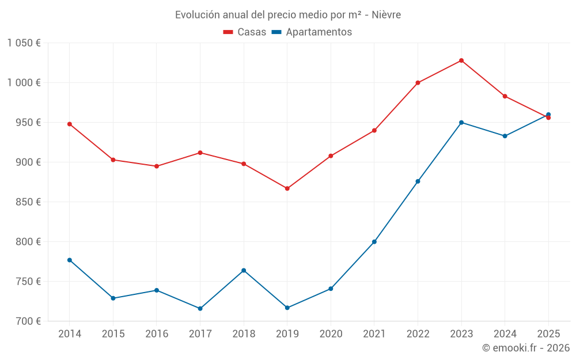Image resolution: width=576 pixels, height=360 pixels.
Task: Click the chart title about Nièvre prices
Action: coord(287,15)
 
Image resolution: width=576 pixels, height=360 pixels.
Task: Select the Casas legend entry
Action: coord(245,32)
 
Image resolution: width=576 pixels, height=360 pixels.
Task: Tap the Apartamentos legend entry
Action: coord(312,32)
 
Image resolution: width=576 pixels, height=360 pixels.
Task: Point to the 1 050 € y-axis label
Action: coord(24,43)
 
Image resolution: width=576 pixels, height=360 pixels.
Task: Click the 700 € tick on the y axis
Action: coord(28,321)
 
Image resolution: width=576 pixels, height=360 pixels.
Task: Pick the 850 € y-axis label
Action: coord(28,202)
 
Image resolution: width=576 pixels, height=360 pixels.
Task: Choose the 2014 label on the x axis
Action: coord(70,334)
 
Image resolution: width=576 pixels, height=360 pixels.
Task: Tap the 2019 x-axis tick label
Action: coord(287,334)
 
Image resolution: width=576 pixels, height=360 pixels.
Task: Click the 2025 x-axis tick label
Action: coord(548,334)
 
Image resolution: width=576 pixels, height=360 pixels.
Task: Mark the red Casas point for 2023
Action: coord(461,60)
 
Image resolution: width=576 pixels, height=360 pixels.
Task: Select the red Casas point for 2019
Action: coord(287,188)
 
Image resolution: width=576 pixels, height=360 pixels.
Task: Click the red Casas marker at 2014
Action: coord(70,124)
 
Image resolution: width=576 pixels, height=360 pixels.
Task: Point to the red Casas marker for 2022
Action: coord(418,83)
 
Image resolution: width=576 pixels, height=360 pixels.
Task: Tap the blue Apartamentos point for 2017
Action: coord(200,309)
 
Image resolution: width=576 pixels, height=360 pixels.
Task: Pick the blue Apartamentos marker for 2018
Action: coord(244,271)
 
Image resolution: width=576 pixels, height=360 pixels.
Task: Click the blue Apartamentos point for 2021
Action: coord(374,242)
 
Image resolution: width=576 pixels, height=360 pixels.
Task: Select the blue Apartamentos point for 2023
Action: coord(461,123)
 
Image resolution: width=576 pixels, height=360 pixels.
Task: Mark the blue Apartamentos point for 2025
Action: coord(548,115)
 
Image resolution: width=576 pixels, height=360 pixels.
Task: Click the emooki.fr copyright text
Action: coord(525,348)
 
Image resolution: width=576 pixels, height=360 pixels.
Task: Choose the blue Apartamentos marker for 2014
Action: coord(70,260)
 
